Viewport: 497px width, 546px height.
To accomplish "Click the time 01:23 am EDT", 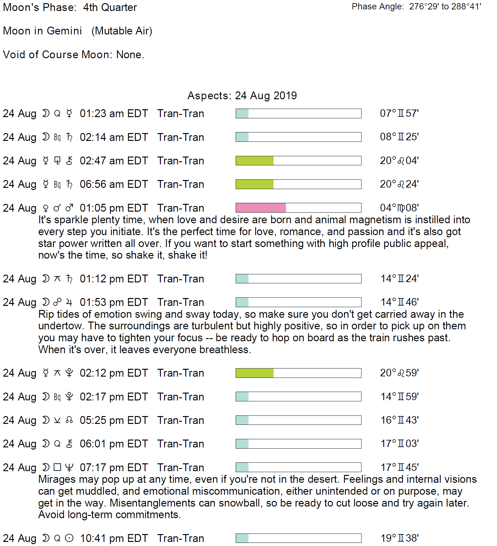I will pos(114,113).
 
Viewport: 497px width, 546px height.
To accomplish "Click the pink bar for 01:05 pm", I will pos(261,208).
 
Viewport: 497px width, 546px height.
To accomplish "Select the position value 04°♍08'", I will pos(399,208).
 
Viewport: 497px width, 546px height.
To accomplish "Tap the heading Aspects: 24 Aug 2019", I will pos(242,95).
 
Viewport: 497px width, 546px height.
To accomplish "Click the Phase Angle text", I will pos(416,7).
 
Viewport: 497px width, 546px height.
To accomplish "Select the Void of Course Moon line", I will pos(74,54).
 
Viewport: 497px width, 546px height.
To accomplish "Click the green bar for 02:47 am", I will pos(254,161).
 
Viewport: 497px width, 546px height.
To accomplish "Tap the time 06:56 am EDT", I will pos(114,184).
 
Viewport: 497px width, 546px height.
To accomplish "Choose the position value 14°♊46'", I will pos(399,302).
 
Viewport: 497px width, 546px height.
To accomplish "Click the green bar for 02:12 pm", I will pos(254,373).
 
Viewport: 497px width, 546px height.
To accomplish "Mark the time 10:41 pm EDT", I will pos(114,538).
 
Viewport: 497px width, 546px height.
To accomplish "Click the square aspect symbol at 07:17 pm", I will pos(57,467).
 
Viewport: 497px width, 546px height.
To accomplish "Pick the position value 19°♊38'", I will pos(399,538).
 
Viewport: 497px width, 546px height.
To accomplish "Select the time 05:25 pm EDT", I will pos(114,420).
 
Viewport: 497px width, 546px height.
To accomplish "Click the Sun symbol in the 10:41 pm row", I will pos(69,538).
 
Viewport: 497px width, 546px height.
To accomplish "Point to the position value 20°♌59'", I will pos(399,373).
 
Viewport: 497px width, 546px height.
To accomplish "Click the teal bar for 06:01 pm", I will pos(242,444).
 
